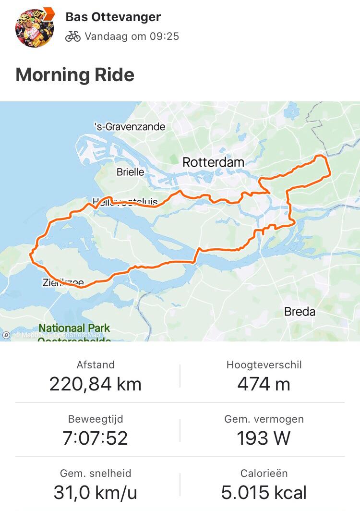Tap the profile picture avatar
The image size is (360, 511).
pyautogui.click(x=35, y=27)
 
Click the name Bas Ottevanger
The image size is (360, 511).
pyautogui.click(x=113, y=17)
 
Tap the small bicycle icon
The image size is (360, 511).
pyautogui.click(x=72, y=36)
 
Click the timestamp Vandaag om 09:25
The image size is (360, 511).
pyautogui.click(x=132, y=36)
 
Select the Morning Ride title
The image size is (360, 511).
pyautogui.click(x=75, y=75)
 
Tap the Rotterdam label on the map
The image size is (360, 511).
pyautogui.click(x=213, y=162)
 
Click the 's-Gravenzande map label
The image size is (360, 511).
pyautogui.click(x=130, y=127)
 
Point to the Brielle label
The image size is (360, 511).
pyautogui.click(x=130, y=171)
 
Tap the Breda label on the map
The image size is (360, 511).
pyautogui.click(x=300, y=312)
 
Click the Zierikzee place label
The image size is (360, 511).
pyautogui.click(x=62, y=283)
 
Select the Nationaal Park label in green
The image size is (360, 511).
pyautogui.click(x=74, y=328)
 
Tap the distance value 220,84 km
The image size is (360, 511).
pyautogui.click(x=95, y=384)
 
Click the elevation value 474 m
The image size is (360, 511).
pyautogui.click(x=264, y=384)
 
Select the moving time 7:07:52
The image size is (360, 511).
pyautogui.click(x=95, y=438)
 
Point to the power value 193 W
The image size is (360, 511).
pyautogui.click(x=264, y=438)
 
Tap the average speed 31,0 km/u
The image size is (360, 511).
pyautogui.click(x=95, y=492)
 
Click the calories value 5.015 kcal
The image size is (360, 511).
pyautogui.click(x=264, y=492)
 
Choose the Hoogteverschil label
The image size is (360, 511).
pyautogui.click(x=264, y=365)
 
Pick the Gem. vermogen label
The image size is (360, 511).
pyautogui.click(x=264, y=419)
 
